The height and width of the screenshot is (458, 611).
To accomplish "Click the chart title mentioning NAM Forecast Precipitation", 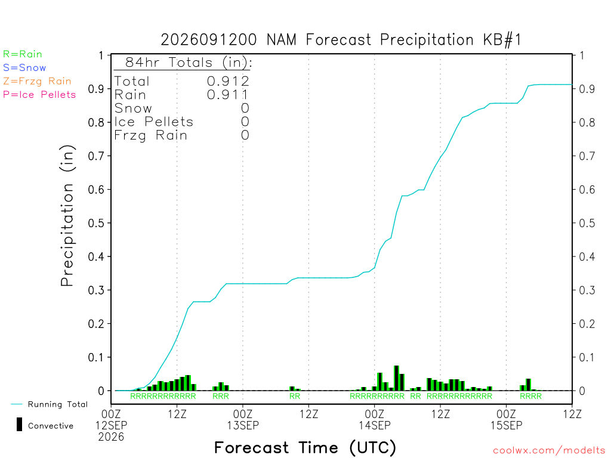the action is (x=341, y=40).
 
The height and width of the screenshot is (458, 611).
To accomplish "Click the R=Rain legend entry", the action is (x=23, y=54).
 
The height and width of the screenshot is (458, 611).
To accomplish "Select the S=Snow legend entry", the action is (x=24, y=68).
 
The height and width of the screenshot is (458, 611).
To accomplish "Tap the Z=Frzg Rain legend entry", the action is (x=37, y=81).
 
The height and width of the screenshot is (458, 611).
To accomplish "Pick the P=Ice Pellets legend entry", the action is (x=39, y=95).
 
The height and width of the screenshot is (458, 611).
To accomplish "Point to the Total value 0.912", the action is (x=228, y=81).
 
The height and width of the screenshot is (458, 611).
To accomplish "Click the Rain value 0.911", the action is (x=227, y=95).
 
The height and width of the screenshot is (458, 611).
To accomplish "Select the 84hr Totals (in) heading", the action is (x=189, y=62).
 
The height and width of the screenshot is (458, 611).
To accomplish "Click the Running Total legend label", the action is (x=58, y=404).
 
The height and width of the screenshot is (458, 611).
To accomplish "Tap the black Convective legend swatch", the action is (x=19, y=424).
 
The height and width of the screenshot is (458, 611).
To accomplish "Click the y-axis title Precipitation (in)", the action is (x=67, y=216).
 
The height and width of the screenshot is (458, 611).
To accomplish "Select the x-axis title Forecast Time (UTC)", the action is (x=305, y=448).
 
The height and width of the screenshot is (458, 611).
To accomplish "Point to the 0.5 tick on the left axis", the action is (x=96, y=223).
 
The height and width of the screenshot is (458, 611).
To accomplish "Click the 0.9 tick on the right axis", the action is (x=587, y=89).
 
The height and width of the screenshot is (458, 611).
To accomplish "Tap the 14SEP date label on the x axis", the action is (x=375, y=425).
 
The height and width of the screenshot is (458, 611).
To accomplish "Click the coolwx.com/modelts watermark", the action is (x=549, y=451).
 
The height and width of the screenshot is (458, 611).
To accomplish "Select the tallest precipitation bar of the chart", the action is (x=396, y=377).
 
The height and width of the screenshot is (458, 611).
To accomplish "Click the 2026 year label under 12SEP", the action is (x=111, y=437).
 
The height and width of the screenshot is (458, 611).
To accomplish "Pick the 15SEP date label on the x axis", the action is (x=506, y=425).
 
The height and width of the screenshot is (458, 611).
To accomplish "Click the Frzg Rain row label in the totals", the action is (x=151, y=135).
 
